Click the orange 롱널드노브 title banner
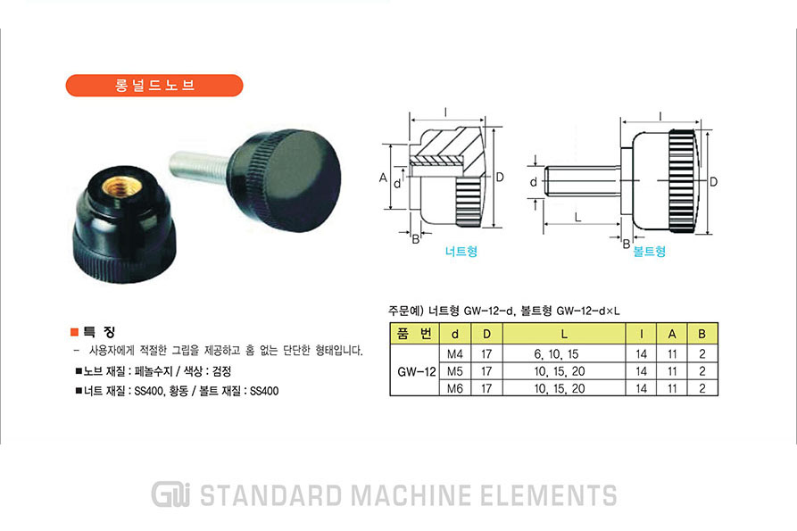pyautogui.click(x=154, y=86)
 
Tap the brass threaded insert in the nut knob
pyautogui.click(x=120, y=187)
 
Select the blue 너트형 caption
pyautogui.click(x=461, y=251)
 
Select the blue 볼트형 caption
pyautogui.click(x=649, y=251)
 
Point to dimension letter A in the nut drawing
pyautogui.click(x=383, y=178)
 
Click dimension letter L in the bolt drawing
pyautogui.click(x=578, y=218)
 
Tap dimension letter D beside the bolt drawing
pyautogui.click(x=713, y=182)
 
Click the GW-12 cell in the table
pyautogui.click(x=416, y=371)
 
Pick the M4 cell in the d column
pyautogui.click(x=455, y=353)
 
